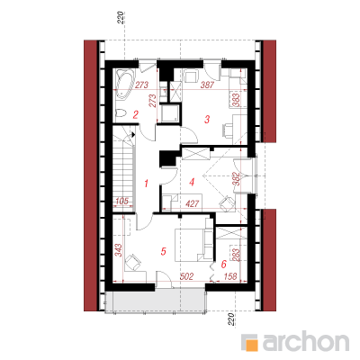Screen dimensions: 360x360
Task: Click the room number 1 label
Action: [146, 183]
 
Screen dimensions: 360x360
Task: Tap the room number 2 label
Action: [136, 114]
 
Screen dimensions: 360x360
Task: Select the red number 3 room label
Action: [207, 120]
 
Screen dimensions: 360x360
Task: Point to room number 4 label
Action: [192, 182]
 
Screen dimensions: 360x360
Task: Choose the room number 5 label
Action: [163, 251]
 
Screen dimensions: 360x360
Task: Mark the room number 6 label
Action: [223, 265]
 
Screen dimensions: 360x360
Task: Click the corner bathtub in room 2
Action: [125, 85]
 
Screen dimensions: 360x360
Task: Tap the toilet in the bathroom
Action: [121, 113]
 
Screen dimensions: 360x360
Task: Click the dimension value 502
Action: [186, 276]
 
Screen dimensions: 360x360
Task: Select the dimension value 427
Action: [193, 204]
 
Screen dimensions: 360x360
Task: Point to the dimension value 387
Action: [207, 85]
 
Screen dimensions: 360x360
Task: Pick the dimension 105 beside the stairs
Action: [121, 202]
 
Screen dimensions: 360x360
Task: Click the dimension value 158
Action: [230, 276]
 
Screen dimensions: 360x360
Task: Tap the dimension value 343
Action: [118, 250]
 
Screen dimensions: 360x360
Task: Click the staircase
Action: [124, 169]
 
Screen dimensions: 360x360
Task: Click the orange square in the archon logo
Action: [252, 345]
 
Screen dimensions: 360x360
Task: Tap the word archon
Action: [306, 341]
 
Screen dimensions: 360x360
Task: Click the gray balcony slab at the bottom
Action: [155, 301]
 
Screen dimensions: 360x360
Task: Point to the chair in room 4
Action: [227, 203]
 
